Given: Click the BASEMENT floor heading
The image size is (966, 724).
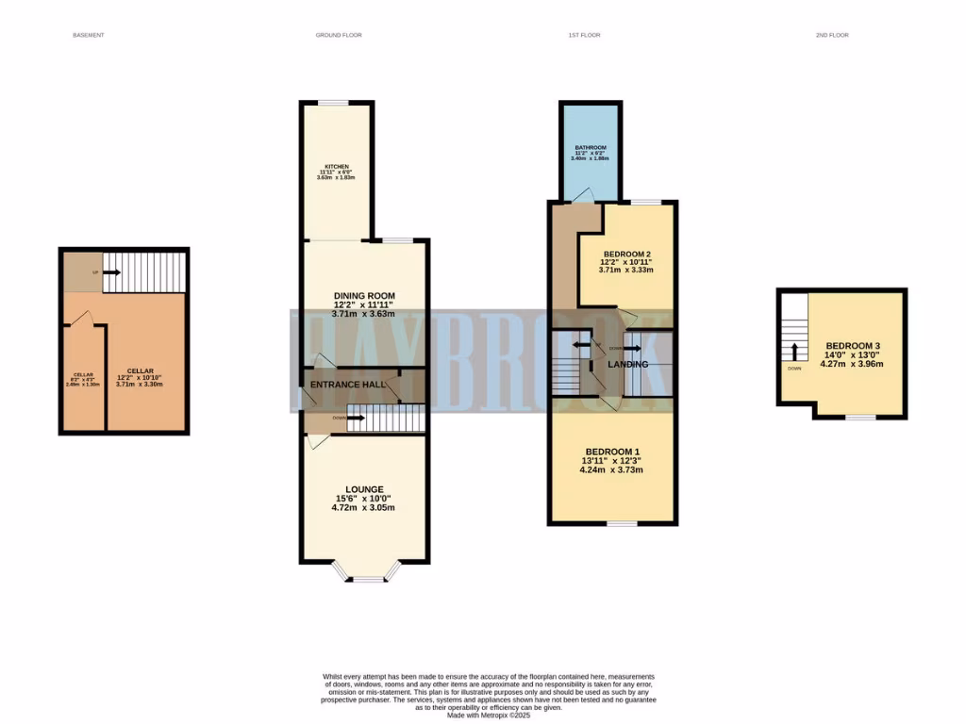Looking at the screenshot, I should tap(88, 35).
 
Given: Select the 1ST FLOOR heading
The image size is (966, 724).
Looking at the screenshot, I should tap(584, 35).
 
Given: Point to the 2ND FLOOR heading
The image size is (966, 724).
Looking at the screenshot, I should tap(832, 35).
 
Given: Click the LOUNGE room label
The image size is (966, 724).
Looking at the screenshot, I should tap(363, 488).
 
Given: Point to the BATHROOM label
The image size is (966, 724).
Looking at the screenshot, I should tap(591, 148).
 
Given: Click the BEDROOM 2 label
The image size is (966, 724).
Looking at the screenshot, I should tap(626, 254).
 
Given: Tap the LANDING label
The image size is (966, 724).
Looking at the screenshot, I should tap(628, 364).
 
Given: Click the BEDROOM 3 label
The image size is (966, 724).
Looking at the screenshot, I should tap(851, 345).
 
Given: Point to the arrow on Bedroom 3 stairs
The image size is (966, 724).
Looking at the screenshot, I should tap(794, 352).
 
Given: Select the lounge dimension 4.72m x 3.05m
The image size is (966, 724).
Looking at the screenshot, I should tap(363, 508).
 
